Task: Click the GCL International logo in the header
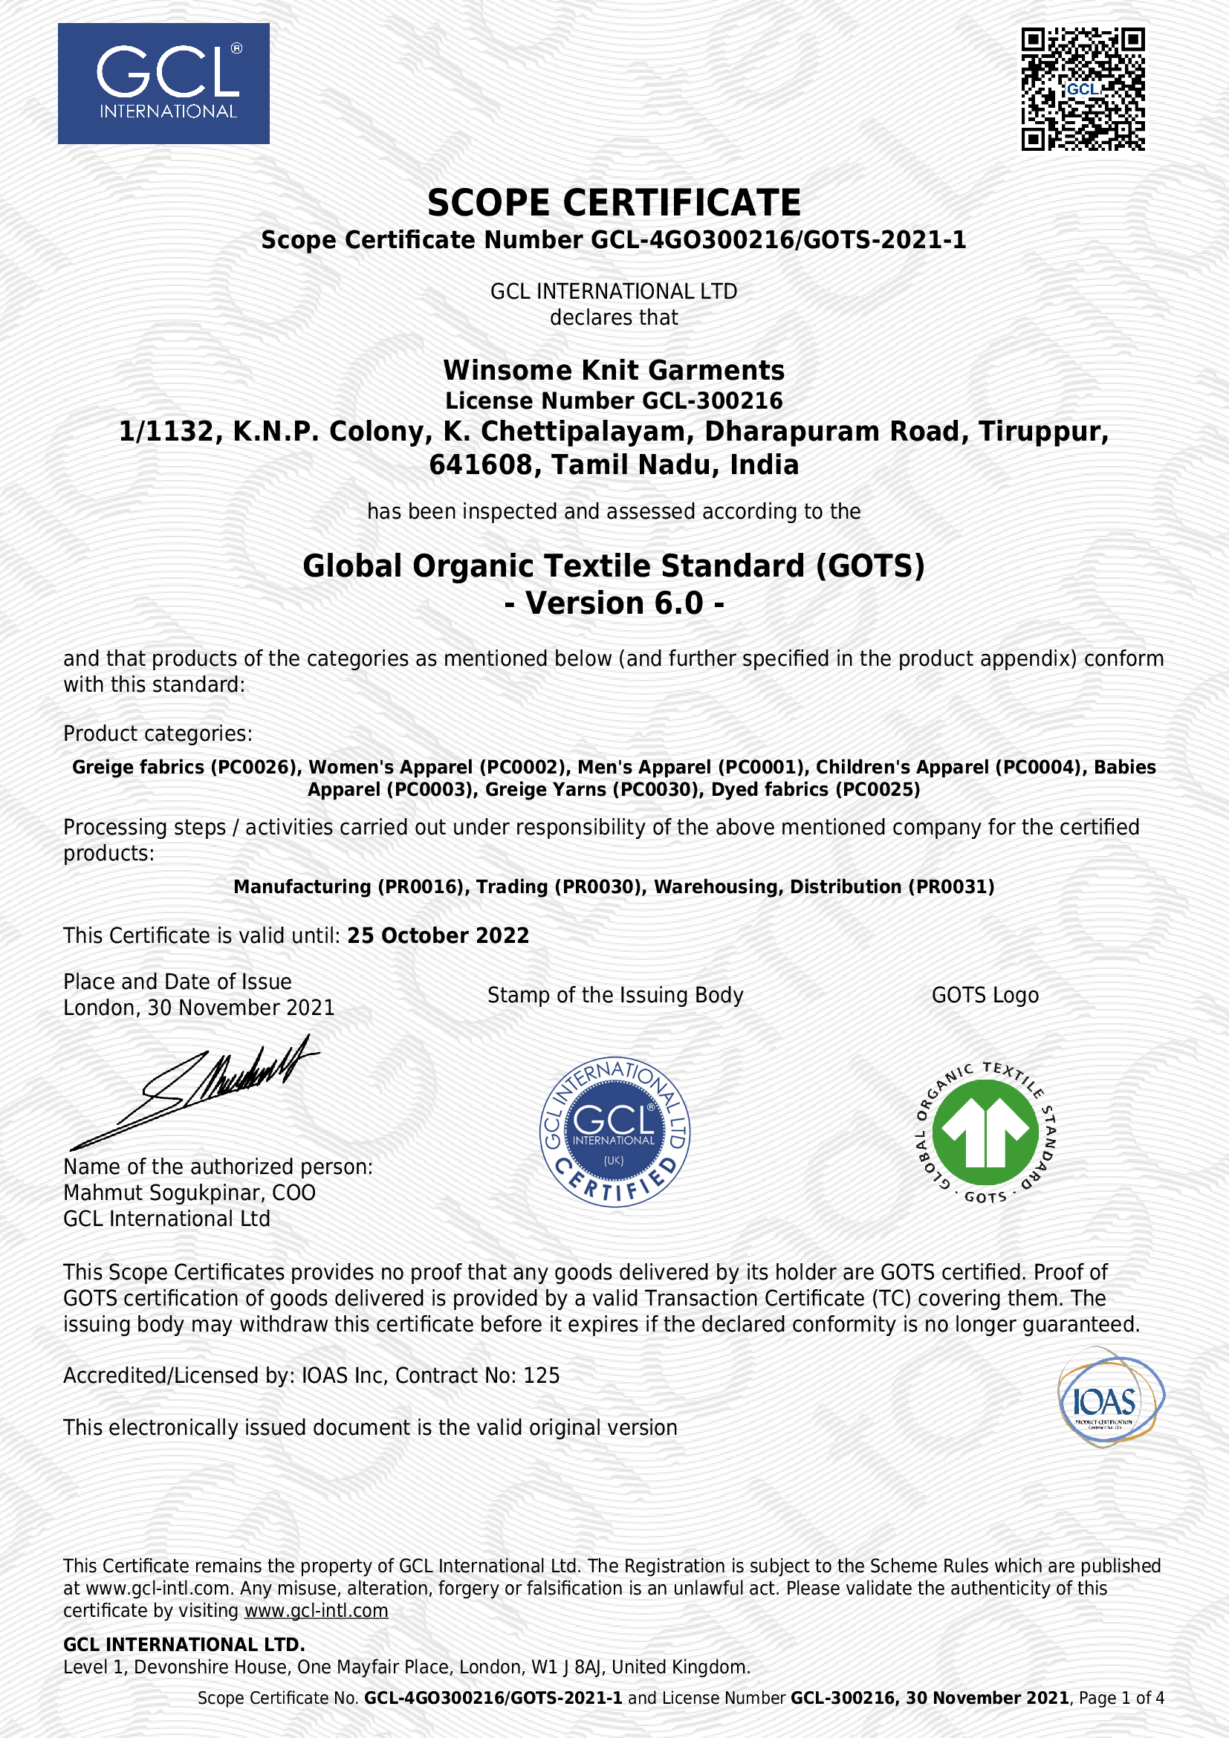pyautogui.click(x=163, y=83)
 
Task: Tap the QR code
pyautogui.click(x=1082, y=89)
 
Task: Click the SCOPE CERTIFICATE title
pyautogui.click(x=614, y=203)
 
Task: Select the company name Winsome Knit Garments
pyautogui.click(x=614, y=370)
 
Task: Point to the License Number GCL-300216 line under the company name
pyautogui.click(x=614, y=401)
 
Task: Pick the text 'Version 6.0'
pyautogui.click(x=614, y=603)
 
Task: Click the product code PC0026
pyautogui.click(x=255, y=767)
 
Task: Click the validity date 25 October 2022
pyautogui.click(x=438, y=936)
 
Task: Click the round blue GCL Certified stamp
pyautogui.click(x=614, y=1132)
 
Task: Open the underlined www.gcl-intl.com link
pyautogui.click(x=317, y=1610)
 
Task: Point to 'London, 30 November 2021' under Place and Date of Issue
pyautogui.click(x=199, y=1008)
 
